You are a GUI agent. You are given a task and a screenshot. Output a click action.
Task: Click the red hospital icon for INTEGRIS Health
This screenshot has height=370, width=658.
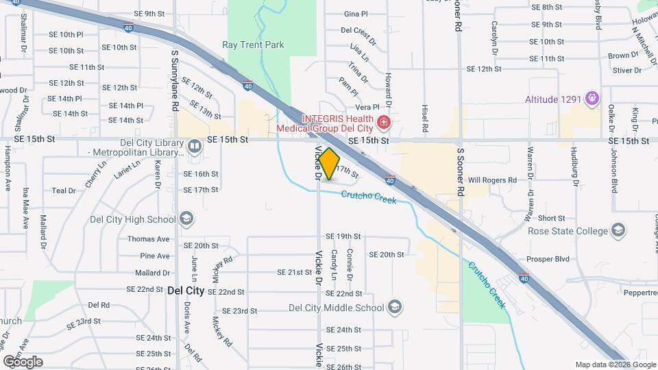(x=384, y=123)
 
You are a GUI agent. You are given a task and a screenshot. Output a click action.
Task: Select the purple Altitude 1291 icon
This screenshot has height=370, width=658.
(x=592, y=99)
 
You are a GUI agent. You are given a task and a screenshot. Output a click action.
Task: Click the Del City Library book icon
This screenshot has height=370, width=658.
(x=195, y=146)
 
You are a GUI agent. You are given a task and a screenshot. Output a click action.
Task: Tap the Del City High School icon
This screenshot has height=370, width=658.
(x=186, y=219)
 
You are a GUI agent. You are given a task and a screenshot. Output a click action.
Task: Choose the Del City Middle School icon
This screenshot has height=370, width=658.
(x=394, y=307)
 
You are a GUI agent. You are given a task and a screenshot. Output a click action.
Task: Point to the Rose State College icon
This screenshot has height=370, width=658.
(x=619, y=230)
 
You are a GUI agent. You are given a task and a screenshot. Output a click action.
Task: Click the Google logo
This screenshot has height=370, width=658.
(x=23, y=361)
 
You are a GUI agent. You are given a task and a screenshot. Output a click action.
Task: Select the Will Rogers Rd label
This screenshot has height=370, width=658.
(x=492, y=180)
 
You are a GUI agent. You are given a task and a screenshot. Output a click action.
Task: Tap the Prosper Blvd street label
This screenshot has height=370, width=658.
(x=548, y=260)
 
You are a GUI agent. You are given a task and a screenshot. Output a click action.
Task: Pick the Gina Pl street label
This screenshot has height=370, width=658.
(x=356, y=14)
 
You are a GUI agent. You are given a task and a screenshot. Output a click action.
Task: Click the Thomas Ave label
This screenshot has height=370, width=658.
(x=148, y=239)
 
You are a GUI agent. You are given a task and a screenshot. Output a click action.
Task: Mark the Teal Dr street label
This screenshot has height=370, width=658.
(x=63, y=190)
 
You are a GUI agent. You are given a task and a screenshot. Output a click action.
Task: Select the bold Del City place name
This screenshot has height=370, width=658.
(x=186, y=291)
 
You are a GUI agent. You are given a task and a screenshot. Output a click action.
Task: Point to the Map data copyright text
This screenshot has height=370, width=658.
(x=606, y=365)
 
